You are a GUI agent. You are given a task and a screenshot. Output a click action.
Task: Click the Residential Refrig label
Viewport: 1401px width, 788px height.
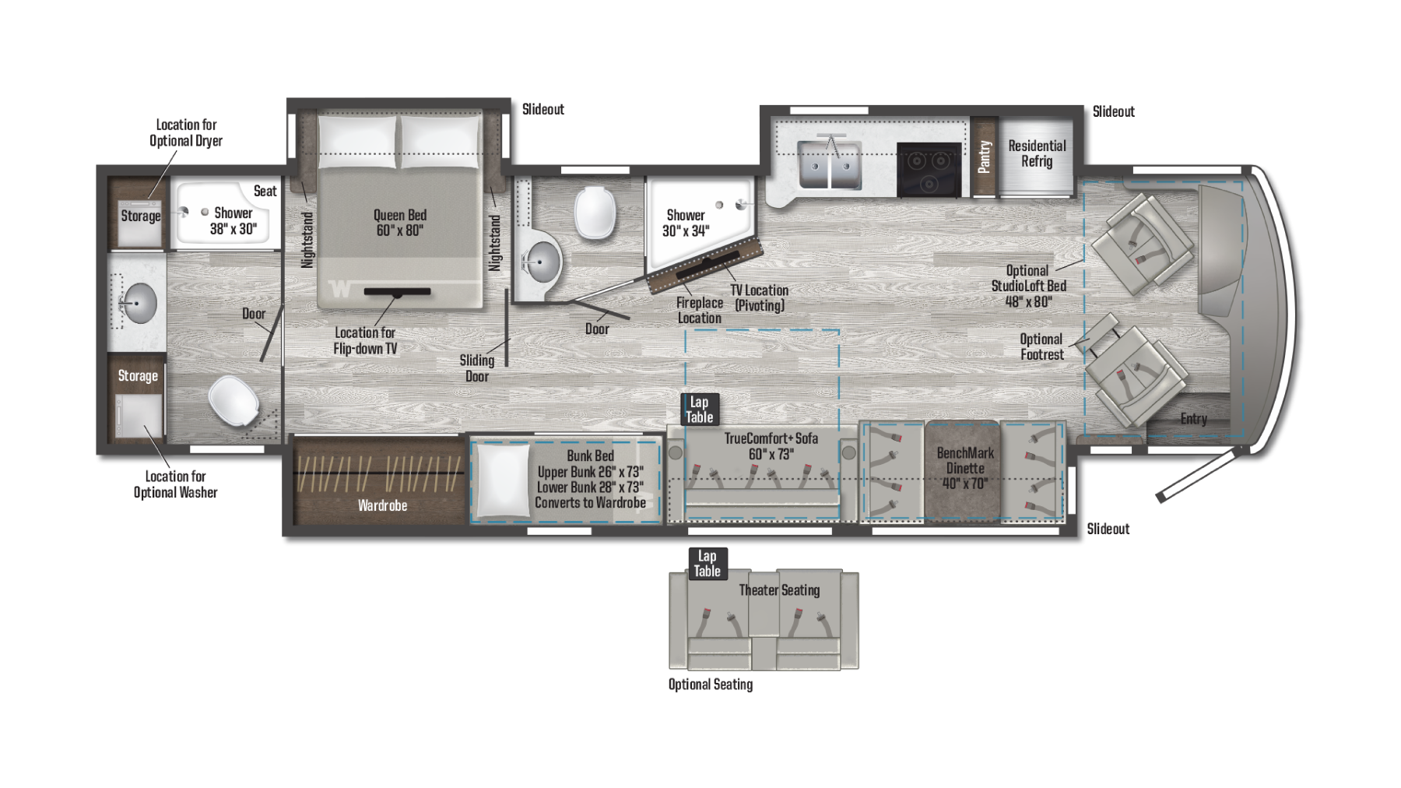(1037, 153)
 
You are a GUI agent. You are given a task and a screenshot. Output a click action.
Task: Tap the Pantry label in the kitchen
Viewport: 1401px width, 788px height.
(985, 157)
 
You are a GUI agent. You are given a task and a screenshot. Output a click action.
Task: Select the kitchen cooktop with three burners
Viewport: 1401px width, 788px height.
(929, 170)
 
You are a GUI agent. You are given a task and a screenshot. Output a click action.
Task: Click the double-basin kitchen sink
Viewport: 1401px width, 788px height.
(830, 165)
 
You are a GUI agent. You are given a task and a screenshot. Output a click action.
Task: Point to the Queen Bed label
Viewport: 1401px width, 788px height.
(400, 222)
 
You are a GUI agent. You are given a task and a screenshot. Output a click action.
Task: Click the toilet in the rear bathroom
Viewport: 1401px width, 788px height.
(234, 401)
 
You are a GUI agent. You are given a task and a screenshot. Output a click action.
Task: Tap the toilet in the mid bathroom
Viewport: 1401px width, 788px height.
(595, 212)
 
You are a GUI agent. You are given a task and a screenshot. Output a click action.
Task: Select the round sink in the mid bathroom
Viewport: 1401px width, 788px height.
(540, 262)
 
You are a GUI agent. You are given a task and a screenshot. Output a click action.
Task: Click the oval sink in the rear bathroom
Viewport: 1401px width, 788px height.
(139, 303)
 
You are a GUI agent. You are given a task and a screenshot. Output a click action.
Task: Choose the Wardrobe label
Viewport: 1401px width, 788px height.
(382, 505)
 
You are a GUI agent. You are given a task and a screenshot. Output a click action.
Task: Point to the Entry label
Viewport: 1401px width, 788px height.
(1193, 419)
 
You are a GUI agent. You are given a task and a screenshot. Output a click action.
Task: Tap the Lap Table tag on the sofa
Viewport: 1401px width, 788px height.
(699, 410)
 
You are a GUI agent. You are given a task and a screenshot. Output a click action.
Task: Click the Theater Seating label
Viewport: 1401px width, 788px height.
(779, 590)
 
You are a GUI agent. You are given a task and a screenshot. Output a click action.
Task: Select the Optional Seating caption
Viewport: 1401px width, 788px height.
(711, 684)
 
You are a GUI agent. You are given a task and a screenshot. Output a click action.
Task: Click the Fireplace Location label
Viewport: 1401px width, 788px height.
(699, 310)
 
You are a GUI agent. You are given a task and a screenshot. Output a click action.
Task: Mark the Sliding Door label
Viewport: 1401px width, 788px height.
(476, 368)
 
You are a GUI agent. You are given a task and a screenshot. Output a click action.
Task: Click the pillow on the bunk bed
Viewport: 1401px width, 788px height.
(502, 480)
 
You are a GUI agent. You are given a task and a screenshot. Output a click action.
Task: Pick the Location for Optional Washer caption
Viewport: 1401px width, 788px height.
(175, 484)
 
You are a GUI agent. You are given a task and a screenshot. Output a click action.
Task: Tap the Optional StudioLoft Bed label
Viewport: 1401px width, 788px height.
(1028, 286)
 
